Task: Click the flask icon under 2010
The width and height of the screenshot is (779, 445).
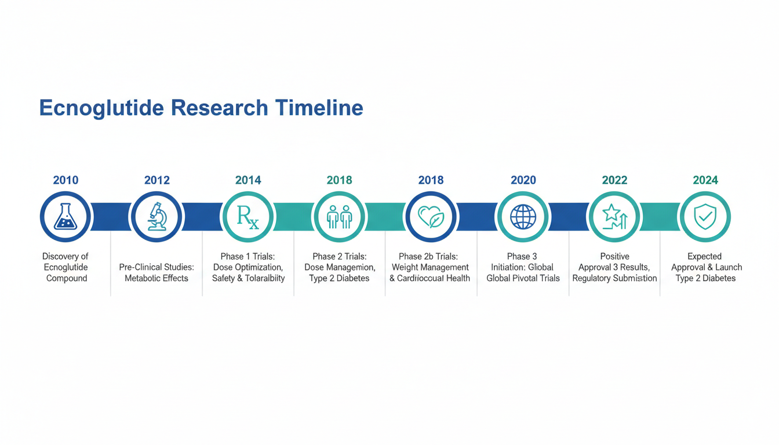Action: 65,217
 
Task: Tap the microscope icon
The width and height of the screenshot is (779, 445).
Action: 157,217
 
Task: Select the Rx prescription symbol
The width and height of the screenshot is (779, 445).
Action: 248,217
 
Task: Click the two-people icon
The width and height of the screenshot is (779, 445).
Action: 340,217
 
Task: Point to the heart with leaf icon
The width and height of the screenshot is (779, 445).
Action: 431,217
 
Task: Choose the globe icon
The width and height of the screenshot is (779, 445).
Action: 523,217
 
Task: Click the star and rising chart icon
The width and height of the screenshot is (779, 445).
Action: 614,217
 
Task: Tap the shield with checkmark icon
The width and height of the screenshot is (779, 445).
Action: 705,217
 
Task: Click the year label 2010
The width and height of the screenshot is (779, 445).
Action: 65,180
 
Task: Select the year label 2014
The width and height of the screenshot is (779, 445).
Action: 248,180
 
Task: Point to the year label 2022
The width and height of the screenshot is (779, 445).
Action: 614,180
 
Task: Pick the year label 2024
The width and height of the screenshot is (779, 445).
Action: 705,180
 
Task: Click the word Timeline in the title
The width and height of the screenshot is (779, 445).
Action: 319,108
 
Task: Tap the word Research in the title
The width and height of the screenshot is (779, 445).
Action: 220,108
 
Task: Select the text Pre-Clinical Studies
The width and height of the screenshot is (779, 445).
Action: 156,267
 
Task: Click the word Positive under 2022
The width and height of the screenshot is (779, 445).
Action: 614,256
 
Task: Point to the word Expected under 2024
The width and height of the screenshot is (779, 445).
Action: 705,257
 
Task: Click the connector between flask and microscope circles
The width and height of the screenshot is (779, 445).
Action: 111,217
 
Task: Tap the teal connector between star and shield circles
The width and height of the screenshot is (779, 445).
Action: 660,217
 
